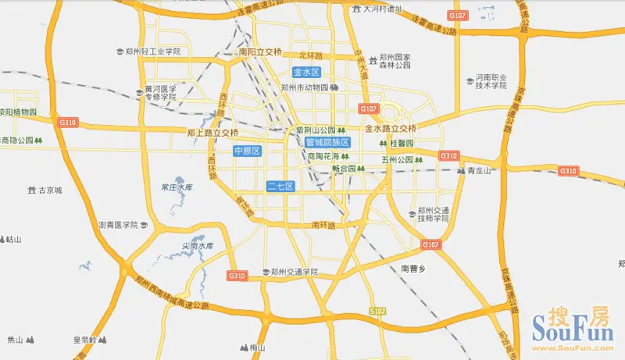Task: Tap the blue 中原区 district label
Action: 246,151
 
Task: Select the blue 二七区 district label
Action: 279,186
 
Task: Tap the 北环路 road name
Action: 311,55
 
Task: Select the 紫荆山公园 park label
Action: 316,130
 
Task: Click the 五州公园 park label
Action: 397,160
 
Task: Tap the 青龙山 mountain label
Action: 478,170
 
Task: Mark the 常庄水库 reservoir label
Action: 176,187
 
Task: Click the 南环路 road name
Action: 323,225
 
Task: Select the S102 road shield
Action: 378,311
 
